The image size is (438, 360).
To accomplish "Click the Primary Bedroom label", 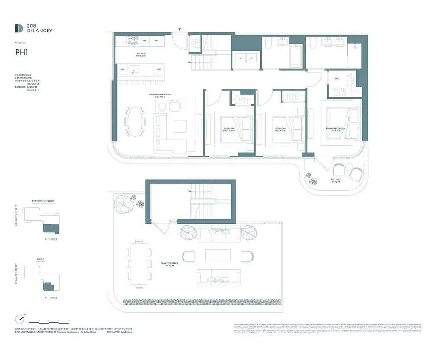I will coord(336,128).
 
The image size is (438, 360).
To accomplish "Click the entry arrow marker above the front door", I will coord(180,30).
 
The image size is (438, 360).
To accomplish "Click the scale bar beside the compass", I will coord(49,321).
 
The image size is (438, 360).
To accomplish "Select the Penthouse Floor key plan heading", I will coord(44,201).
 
